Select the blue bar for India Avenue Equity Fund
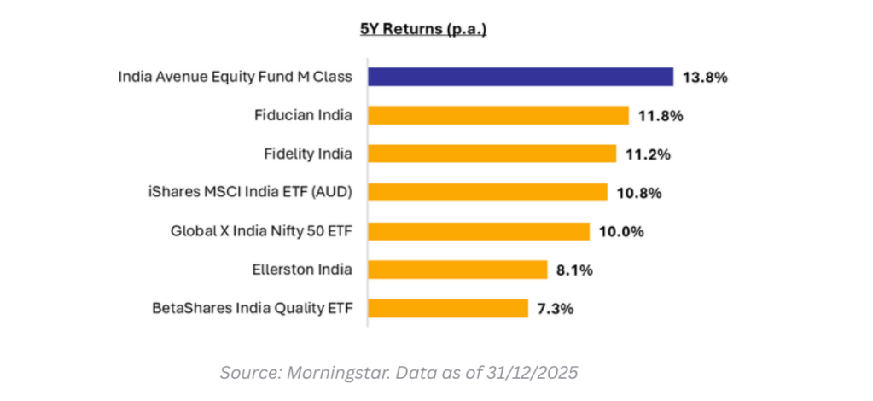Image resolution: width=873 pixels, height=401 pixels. point(521,77)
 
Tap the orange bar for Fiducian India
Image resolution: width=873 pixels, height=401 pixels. point(498,115)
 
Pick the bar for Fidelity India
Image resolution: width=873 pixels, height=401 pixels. point(492,154)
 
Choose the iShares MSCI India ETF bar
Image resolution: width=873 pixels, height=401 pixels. point(487,192)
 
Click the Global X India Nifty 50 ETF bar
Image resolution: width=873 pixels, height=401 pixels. point(479,231)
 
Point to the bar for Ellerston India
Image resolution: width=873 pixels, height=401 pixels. point(457,270)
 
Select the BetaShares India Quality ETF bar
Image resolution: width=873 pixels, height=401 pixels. point(448,308)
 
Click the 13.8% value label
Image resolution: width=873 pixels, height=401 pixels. point(705,78)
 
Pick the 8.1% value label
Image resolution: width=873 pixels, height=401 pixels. point(575,270)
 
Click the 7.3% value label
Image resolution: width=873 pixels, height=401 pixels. point(556,308)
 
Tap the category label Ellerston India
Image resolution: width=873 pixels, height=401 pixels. point(304,270)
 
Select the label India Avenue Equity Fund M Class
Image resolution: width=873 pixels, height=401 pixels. point(236,77)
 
